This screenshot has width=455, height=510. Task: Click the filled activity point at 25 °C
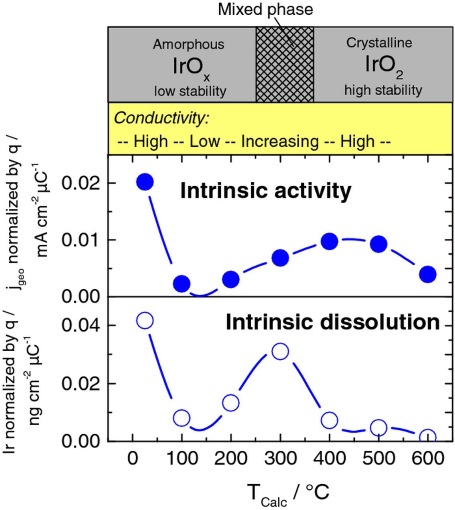(145, 182)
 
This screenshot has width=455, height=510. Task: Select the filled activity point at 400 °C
(329, 241)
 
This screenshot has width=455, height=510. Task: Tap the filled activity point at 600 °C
(428, 274)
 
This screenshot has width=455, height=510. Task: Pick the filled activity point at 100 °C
(182, 284)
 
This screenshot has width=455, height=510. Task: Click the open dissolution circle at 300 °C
(280, 351)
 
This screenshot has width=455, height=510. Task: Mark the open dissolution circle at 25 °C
(145, 320)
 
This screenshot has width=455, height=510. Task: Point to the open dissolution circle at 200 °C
(231, 403)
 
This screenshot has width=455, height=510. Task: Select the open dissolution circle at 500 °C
(378, 428)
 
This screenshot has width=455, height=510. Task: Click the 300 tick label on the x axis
(280, 458)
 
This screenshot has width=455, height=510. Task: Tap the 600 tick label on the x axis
(427, 458)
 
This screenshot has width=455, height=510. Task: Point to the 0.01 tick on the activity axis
(82, 240)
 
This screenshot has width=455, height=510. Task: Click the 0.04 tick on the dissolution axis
(82, 325)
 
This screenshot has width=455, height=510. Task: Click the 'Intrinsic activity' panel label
(266, 190)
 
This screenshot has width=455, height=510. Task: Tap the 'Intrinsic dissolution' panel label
(333, 322)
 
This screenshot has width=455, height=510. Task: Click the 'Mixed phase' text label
(265, 10)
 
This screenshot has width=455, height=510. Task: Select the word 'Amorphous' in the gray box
(189, 44)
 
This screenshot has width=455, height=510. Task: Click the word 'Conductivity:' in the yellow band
(162, 118)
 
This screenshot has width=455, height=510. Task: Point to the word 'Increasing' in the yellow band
(280, 141)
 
